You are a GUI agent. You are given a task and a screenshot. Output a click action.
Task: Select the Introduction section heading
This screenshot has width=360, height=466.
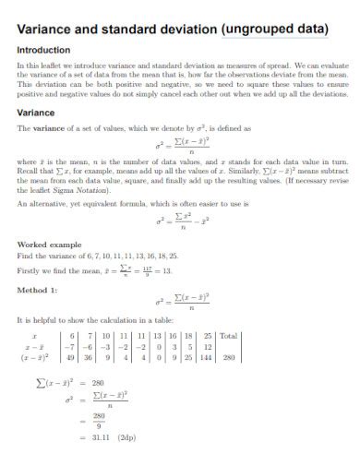(44, 50)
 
